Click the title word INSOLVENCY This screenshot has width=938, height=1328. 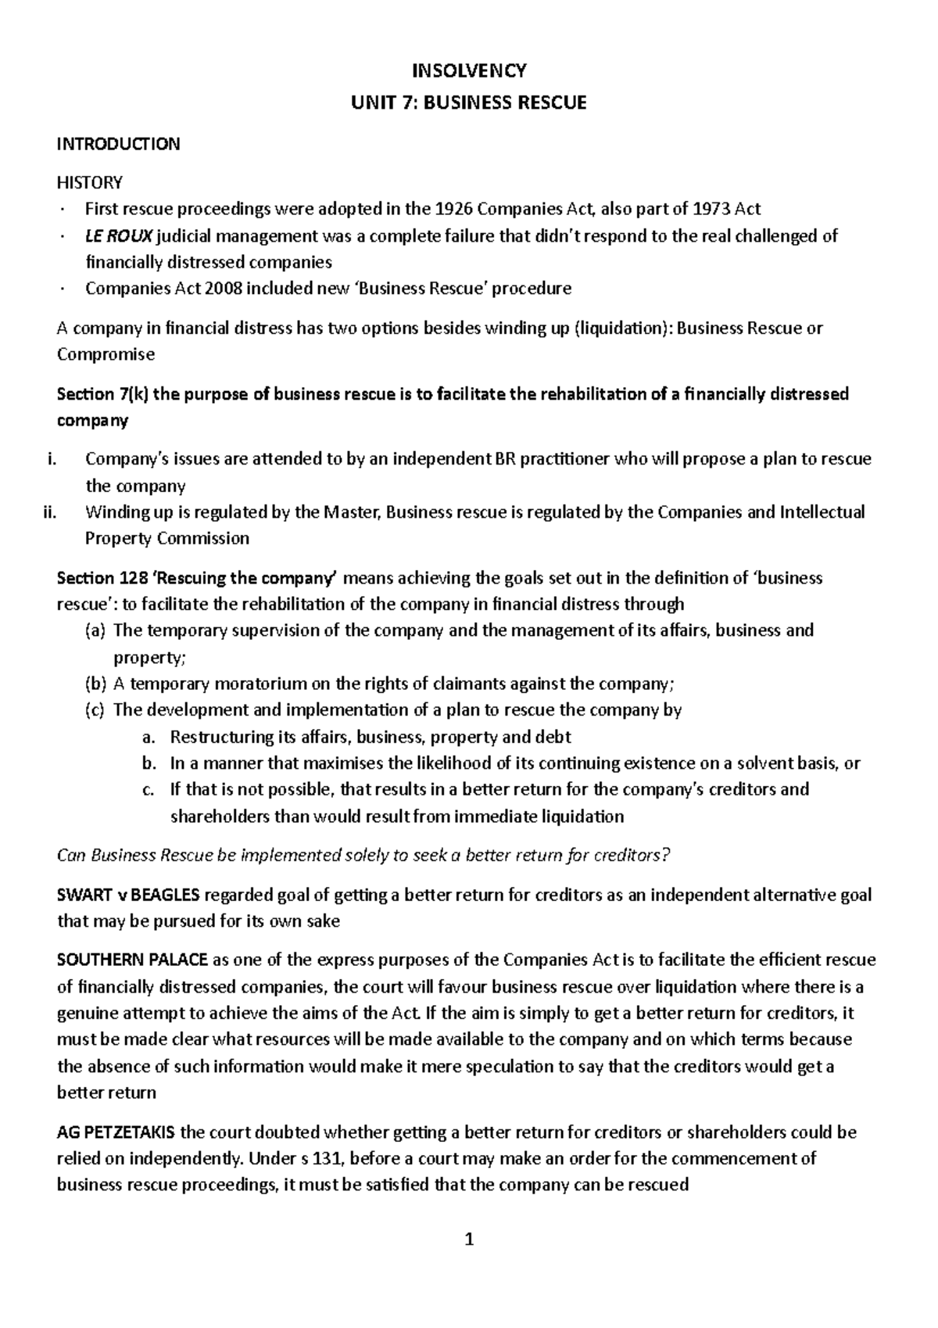pyautogui.click(x=469, y=71)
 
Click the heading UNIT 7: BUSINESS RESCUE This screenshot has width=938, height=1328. pyautogui.click(x=469, y=102)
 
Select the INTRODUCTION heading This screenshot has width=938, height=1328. pyautogui.click(x=118, y=144)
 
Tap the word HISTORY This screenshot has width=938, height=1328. pyautogui.click(x=90, y=183)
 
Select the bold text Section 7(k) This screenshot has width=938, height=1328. pyautogui.click(x=103, y=393)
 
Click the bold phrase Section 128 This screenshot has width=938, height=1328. pyautogui.click(x=96, y=578)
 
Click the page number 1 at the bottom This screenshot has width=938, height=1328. pyautogui.click(x=469, y=1239)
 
